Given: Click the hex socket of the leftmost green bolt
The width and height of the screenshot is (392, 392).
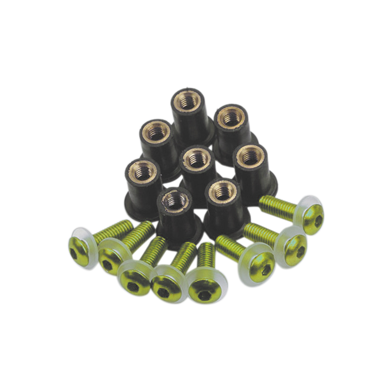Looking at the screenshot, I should tap(74, 253).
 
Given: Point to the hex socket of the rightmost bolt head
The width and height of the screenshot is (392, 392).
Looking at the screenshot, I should tap(318, 220).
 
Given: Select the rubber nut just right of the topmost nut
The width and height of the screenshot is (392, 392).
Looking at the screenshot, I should tap(234, 129).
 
